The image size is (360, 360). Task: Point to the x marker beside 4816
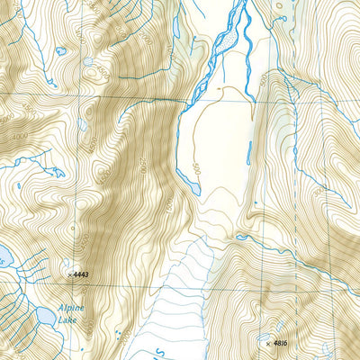coord(267,343)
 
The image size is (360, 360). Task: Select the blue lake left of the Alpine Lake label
coord(43,316)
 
